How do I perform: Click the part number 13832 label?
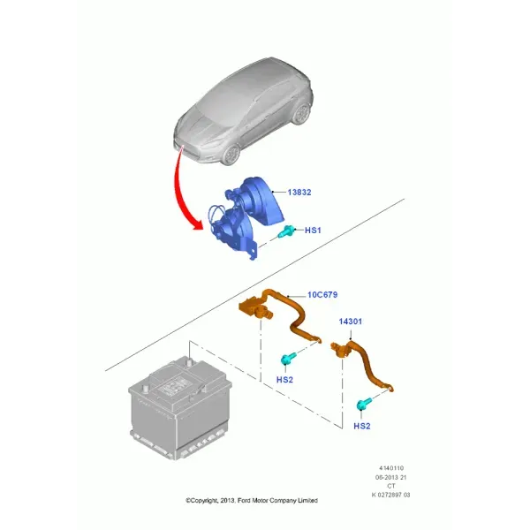click(x=299, y=193)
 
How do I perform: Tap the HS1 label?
click(x=313, y=231)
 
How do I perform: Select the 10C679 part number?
click(x=322, y=295)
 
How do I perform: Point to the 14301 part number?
click(x=351, y=322)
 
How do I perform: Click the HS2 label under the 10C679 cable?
click(x=284, y=380)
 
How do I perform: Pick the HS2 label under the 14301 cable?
click(x=361, y=426)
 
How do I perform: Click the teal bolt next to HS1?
click(x=285, y=231)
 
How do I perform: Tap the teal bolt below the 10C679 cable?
click(x=288, y=359)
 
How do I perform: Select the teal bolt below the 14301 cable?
click(x=364, y=404)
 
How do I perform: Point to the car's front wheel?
click(x=231, y=154)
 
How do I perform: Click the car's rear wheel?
click(x=301, y=113)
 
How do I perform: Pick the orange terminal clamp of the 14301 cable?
click(x=340, y=349)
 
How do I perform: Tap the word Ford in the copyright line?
click(x=244, y=501)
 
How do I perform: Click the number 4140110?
click(x=391, y=468)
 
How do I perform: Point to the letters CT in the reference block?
click(x=391, y=486)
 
